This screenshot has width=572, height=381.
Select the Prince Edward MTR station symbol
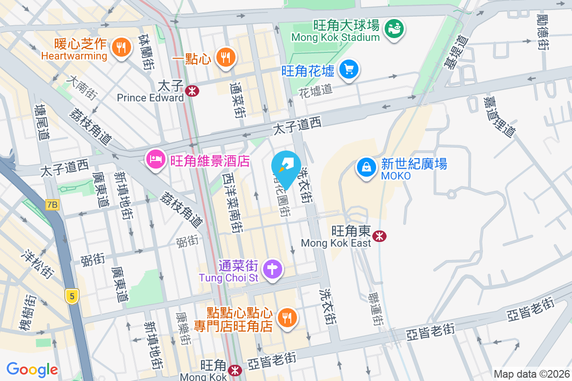(193, 90)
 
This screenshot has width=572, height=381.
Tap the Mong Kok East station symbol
(379, 236)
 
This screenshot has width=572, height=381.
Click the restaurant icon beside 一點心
(224, 57)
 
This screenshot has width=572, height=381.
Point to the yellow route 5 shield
(71, 296)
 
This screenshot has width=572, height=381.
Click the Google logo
(32, 369)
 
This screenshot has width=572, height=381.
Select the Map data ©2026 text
(531, 374)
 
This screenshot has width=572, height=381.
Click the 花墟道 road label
(316, 90)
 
